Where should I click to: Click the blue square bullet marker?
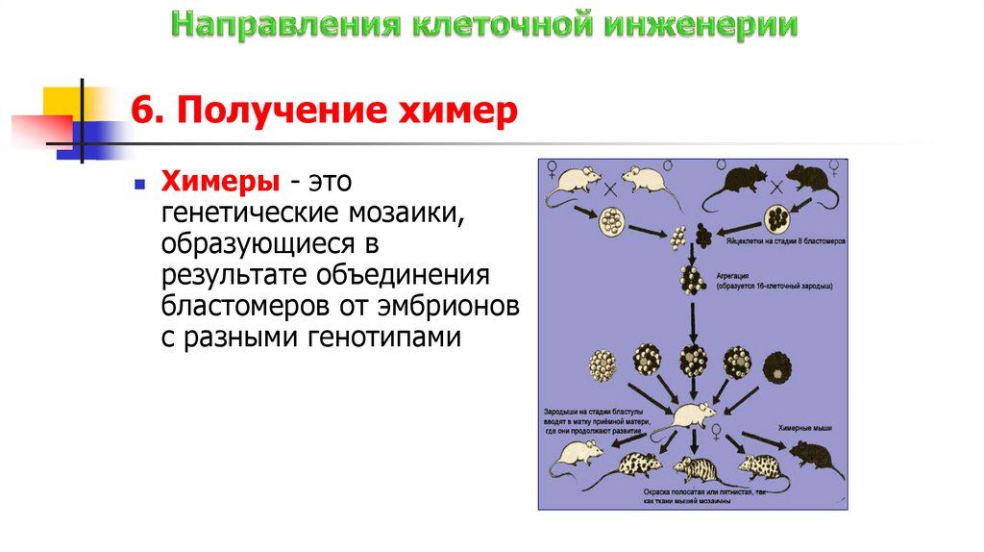click(140, 182)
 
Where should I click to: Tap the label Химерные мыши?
click(797, 426)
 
